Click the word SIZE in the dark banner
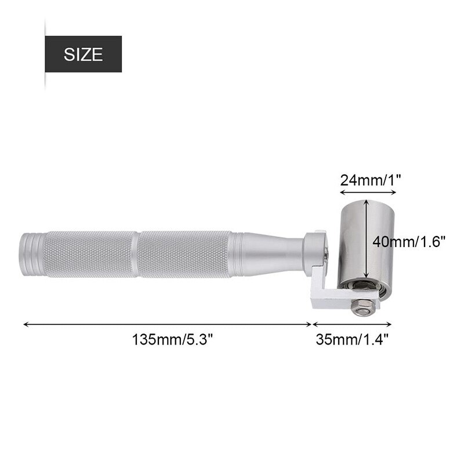tap(83, 55)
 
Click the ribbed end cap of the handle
tap(32, 254)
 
